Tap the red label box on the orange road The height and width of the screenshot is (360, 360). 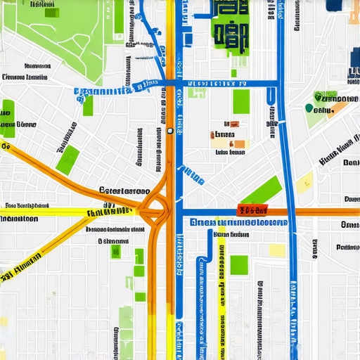[x=254, y=210]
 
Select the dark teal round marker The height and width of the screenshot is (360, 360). [x=309, y=108]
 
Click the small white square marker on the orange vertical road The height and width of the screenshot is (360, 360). [x=170, y=130]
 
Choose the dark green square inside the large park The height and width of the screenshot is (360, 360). [x=51, y=12]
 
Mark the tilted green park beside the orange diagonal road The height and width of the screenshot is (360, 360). [x=67, y=160]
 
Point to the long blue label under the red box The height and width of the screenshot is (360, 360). [x=238, y=222]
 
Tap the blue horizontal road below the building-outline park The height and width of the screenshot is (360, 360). [x=225, y=84]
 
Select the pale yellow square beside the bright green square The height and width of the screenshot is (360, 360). [x=277, y=250]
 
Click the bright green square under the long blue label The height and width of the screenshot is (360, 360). [x=239, y=264]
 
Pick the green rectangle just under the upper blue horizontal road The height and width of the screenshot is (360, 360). [x=241, y=101]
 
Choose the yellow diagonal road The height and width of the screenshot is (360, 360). [x=42, y=246]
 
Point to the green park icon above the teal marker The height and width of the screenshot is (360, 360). [x=326, y=97]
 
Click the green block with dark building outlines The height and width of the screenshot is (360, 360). [x=230, y=28]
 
